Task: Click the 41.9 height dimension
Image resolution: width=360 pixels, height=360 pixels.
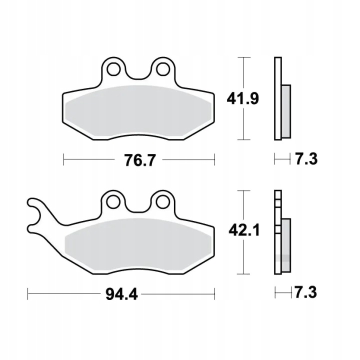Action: click(x=242, y=98)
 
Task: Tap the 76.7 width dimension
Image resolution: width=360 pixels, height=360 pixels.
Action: click(x=140, y=160)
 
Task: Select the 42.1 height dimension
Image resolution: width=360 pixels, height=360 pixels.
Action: click(x=244, y=230)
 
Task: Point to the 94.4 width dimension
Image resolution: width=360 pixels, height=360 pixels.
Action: click(x=121, y=294)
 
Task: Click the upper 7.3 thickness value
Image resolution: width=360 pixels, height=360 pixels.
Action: click(x=306, y=158)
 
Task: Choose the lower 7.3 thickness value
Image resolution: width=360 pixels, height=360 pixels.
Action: click(x=305, y=292)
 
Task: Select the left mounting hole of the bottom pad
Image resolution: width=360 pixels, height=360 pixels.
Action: click(x=113, y=202)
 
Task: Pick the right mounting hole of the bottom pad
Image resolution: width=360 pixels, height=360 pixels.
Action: click(x=163, y=202)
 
